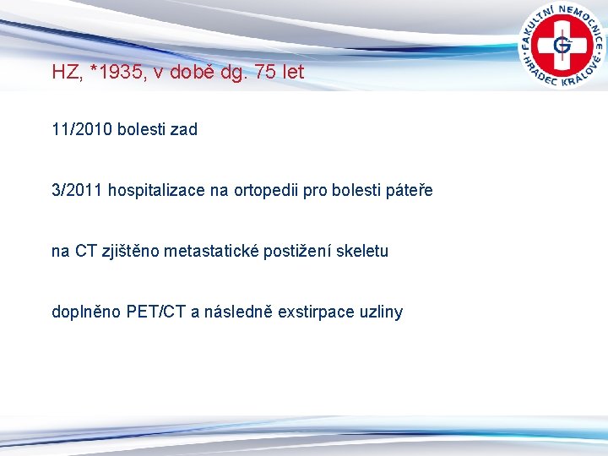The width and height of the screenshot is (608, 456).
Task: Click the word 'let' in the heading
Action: (x=293, y=73)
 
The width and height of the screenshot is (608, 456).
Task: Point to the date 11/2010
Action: (x=82, y=129)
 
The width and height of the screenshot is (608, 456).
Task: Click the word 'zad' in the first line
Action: (x=183, y=129)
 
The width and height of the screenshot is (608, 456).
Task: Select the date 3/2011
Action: (x=77, y=190)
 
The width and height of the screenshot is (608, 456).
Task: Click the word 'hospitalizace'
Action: (x=156, y=190)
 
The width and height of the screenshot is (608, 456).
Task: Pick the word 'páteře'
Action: (x=408, y=190)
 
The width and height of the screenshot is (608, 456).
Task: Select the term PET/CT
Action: (x=157, y=312)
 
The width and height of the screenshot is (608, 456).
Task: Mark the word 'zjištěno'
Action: (x=133, y=251)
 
